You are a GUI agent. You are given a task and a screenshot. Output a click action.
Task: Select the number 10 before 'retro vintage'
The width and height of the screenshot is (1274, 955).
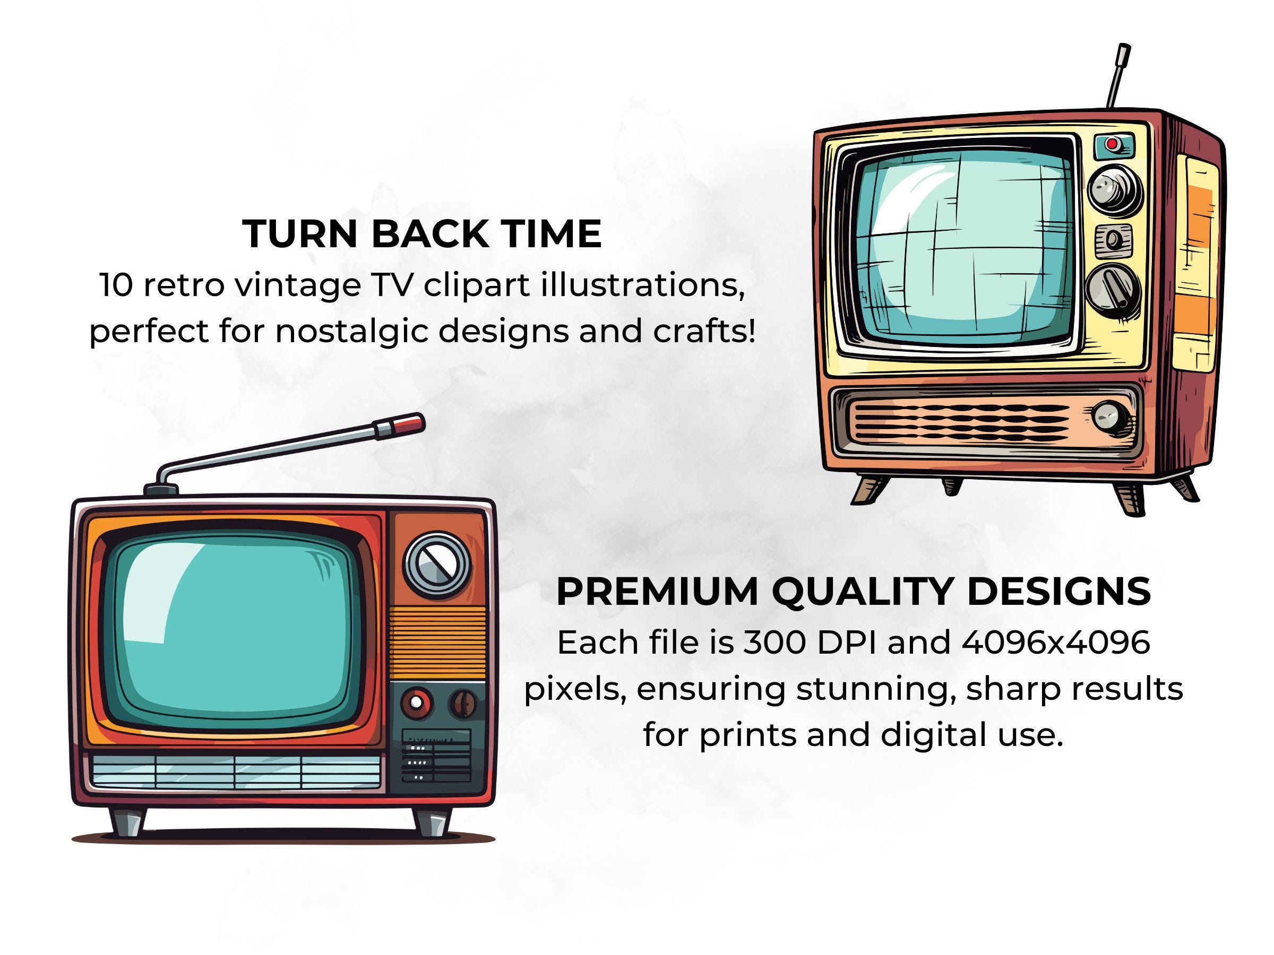[116, 285]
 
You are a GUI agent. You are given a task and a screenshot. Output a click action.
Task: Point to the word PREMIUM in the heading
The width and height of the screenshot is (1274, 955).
[657, 591]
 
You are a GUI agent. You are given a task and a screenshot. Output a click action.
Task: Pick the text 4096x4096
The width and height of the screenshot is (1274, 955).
[1056, 643]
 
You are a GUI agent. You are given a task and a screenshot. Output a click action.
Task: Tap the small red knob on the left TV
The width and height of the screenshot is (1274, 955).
[416, 704]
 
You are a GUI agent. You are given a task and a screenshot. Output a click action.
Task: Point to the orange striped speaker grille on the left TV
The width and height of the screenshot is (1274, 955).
[438, 642]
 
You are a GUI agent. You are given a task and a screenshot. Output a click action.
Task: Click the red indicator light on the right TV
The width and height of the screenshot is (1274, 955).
[1112, 143]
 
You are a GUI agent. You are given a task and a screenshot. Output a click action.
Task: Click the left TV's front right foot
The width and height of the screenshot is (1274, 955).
[432, 821]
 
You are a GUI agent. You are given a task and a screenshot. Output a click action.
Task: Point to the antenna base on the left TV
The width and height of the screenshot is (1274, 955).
[161, 490]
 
